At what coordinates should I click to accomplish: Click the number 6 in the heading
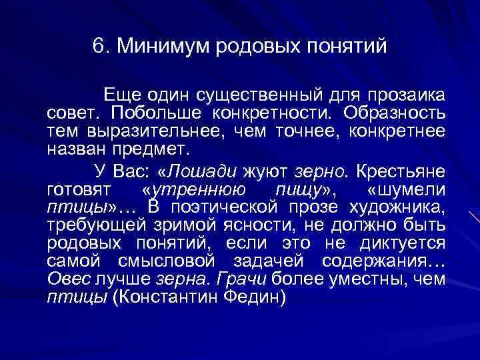[x=98, y=47]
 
